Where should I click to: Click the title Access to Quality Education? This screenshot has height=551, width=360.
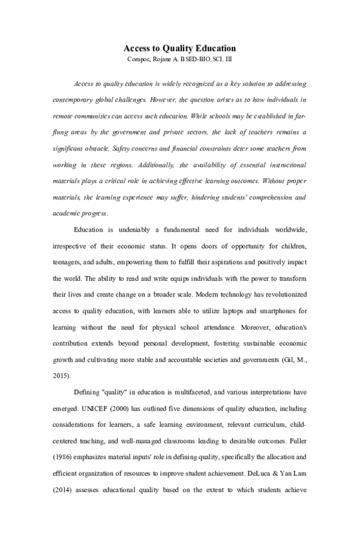coord(179,48)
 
